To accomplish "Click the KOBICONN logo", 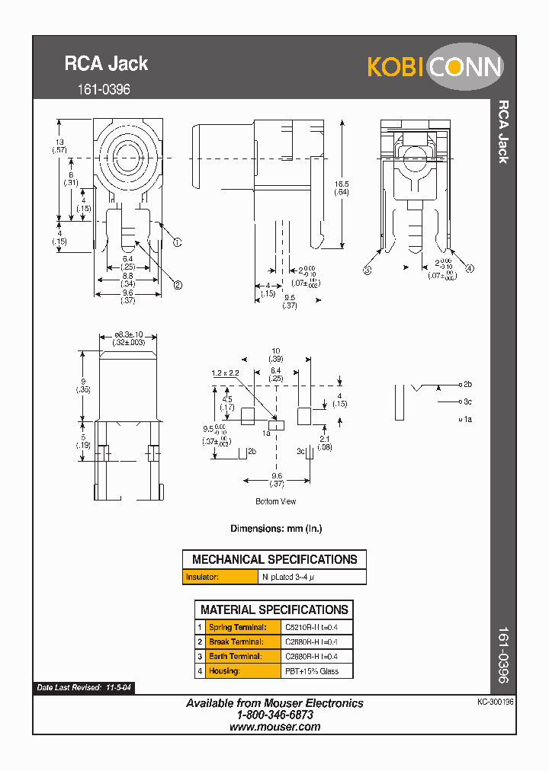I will [x=435, y=66].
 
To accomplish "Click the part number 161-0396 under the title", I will [x=104, y=89].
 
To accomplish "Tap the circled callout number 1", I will [x=177, y=243].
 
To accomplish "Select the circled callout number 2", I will [x=178, y=285].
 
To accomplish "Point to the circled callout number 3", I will [x=367, y=270].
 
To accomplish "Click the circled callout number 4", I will [x=470, y=268].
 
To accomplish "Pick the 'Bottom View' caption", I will [x=275, y=501].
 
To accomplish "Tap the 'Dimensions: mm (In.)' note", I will [x=276, y=528].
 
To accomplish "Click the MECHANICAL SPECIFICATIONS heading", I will [x=274, y=559].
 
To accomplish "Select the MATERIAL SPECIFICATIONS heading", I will [x=274, y=609].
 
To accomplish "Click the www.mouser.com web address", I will [x=274, y=727].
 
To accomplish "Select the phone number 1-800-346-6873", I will [x=274, y=715].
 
